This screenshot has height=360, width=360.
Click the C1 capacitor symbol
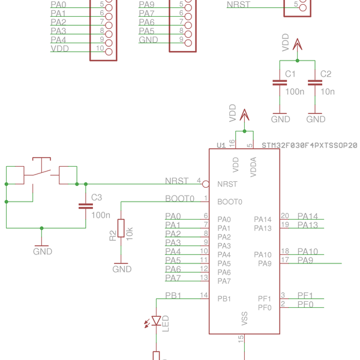[280, 83]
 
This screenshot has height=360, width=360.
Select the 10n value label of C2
[328, 92]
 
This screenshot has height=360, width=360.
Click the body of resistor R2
[121, 228]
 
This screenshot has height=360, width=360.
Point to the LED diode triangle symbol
[157, 321]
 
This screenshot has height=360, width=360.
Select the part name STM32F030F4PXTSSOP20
[310, 145]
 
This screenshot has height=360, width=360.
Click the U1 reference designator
[221, 145]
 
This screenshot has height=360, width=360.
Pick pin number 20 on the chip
[285, 216]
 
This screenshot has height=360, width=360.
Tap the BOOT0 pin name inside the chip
[230, 202]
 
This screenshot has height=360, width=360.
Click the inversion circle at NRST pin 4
[206, 184]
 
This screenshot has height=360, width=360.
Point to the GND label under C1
[280, 119]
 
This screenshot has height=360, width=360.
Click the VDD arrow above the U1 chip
[244, 115]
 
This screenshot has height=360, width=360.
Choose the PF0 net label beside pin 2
[305, 304]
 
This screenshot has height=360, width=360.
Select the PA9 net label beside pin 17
[305, 260]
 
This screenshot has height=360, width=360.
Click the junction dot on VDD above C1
[298, 61]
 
